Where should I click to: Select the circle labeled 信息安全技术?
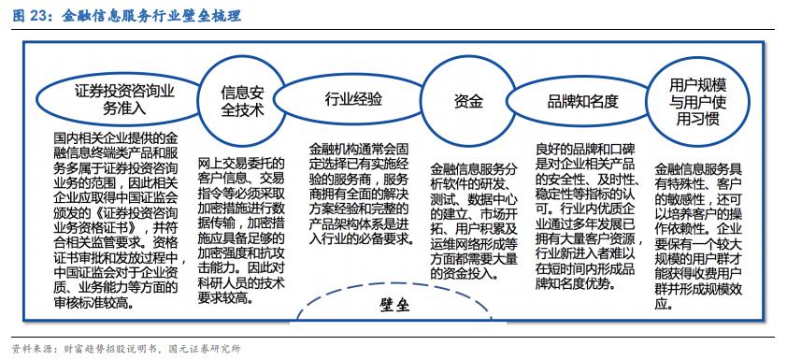click(x=241, y=100)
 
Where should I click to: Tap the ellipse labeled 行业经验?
click(x=353, y=100)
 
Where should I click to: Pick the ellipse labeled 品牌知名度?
click(x=583, y=101)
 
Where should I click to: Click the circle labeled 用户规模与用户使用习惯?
click(x=696, y=100)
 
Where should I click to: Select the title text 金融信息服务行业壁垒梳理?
click(x=150, y=15)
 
